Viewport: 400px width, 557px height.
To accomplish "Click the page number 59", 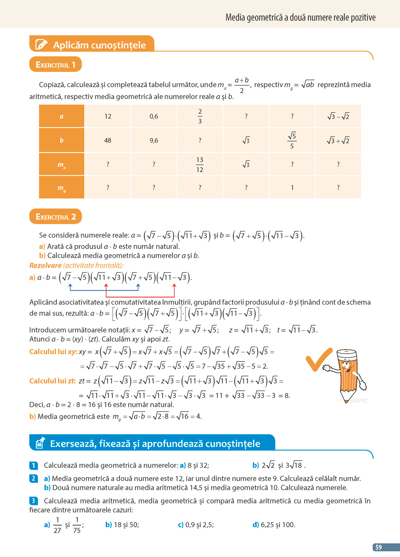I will click(x=378, y=547).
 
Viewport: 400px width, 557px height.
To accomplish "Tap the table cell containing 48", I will click(x=108, y=140).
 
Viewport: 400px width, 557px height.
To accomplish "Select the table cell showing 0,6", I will click(x=154, y=116).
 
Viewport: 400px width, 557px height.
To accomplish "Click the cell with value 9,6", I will click(x=154, y=140).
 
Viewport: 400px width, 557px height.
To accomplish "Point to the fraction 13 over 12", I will click(x=200, y=165).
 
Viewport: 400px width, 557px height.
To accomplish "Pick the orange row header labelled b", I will click(x=61, y=140).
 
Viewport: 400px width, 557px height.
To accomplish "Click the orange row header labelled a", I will click(x=61, y=116).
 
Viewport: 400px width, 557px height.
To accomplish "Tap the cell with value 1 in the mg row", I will click(x=292, y=188).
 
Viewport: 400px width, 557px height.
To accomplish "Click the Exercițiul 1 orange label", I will click(x=55, y=65).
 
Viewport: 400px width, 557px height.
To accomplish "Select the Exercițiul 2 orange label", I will click(x=55, y=217).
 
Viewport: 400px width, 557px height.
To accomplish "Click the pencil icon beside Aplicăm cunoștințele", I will click(x=41, y=45).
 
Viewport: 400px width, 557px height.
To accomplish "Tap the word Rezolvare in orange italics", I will click(x=45, y=265).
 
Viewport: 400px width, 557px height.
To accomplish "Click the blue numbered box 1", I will click(x=34, y=465).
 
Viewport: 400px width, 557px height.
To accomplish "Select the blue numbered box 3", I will click(x=34, y=501).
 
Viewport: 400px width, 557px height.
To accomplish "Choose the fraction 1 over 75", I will click(x=77, y=525).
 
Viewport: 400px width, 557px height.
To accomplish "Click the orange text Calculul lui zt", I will click(x=53, y=381).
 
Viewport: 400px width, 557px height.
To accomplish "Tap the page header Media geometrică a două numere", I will click(x=300, y=18).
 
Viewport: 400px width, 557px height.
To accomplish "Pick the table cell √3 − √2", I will click(x=338, y=116).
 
